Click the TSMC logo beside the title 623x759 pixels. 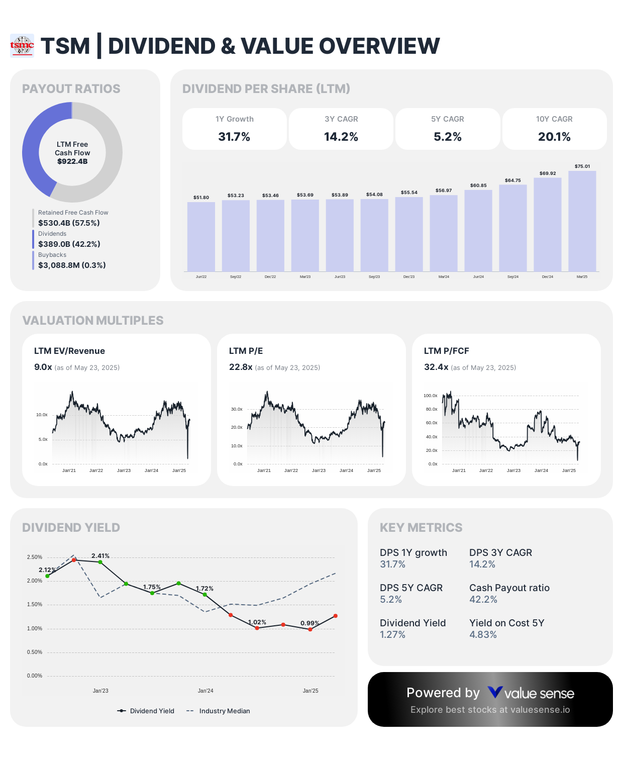(22, 46)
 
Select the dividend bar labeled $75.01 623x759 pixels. (582, 221)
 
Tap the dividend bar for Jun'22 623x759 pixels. (201, 236)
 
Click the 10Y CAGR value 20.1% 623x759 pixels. (554, 137)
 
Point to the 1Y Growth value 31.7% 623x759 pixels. (234, 137)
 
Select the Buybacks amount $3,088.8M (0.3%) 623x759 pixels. (72, 265)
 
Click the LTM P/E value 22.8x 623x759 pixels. (241, 367)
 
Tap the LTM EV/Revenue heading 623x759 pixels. (69, 351)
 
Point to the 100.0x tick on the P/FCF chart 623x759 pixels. (430, 396)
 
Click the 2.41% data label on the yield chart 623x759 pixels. (100, 556)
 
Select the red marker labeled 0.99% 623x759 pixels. (310, 629)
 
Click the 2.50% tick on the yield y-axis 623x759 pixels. (35, 557)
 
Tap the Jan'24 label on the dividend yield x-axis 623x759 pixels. (205, 691)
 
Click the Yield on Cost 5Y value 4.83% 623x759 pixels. (483, 634)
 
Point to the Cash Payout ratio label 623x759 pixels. (509, 588)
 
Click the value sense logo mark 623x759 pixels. (495, 693)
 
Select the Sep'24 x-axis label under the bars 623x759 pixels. (512, 277)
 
